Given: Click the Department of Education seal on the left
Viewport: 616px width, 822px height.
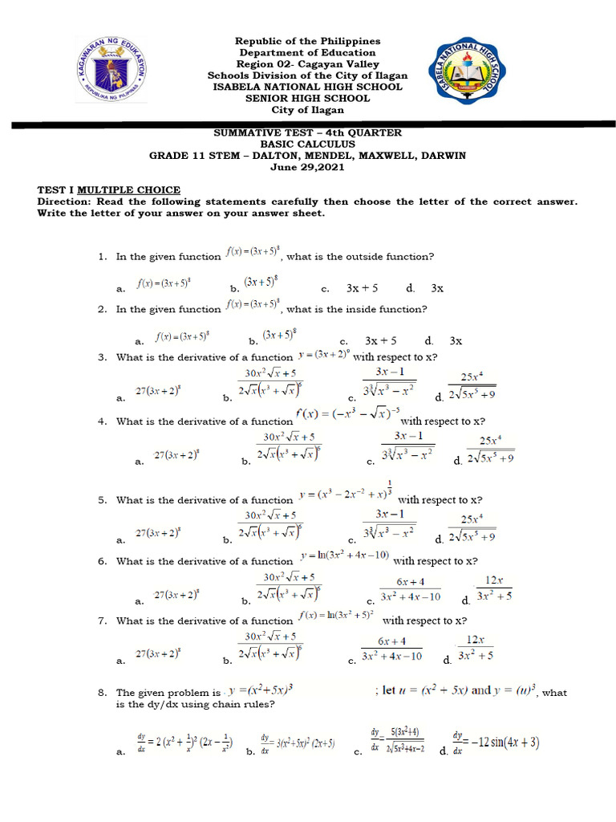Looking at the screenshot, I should pyautogui.click(x=111, y=71).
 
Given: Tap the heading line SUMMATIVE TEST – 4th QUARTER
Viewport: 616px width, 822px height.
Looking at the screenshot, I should pyautogui.click(x=307, y=133).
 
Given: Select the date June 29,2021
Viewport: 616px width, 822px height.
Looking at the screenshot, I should pyautogui.click(x=307, y=166).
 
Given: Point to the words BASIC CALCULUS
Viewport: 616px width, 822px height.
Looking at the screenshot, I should pyautogui.click(x=307, y=144).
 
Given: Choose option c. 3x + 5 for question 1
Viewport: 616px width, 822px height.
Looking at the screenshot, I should pyautogui.click(x=363, y=287).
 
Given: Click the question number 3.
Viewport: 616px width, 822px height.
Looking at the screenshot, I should pyautogui.click(x=102, y=357).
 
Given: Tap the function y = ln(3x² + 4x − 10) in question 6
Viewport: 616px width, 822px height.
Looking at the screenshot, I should pyautogui.click(x=345, y=555).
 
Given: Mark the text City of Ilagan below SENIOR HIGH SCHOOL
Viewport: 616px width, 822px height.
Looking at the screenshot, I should pyautogui.click(x=307, y=110).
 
